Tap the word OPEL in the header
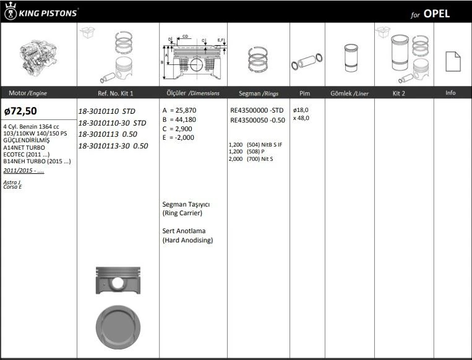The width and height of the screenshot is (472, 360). pyautogui.click(x=437, y=14)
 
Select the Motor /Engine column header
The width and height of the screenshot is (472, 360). pyautogui.click(x=28, y=93)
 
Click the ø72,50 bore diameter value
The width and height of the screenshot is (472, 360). pyautogui.click(x=20, y=111)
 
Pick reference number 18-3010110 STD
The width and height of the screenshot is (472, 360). pyautogui.click(x=106, y=111)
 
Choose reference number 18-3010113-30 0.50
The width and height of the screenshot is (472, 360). pyautogui.click(x=113, y=146)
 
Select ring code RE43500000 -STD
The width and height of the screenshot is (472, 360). pyautogui.click(x=257, y=110)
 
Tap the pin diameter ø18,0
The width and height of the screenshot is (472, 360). pyautogui.click(x=301, y=109)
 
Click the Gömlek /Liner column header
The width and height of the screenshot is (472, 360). pyautogui.click(x=350, y=93)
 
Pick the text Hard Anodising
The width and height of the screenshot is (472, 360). pyautogui.click(x=187, y=240)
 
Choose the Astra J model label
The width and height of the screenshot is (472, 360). pyautogui.click(x=12, y=182)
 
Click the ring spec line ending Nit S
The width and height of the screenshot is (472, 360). pyautogui.click(x=251, y=159)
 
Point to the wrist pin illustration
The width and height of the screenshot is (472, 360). pyautogui.click(x=304, y=64)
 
